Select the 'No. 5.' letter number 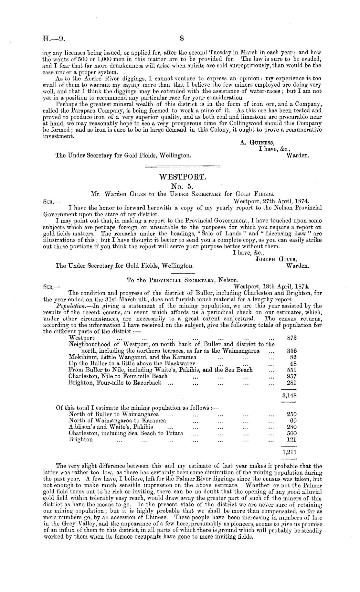[x=183, y=186]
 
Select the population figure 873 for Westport [x=292, y=338]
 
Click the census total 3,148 [x=290, y=395]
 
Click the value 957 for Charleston [x=292, y=376]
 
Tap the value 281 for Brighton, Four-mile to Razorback [x=292, y=383]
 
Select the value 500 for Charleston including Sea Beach [x=292, y=433]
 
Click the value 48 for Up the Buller [x=293, y=363]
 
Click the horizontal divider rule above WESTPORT [x=183, y=167]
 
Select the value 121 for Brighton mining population [x=292, y=440]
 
